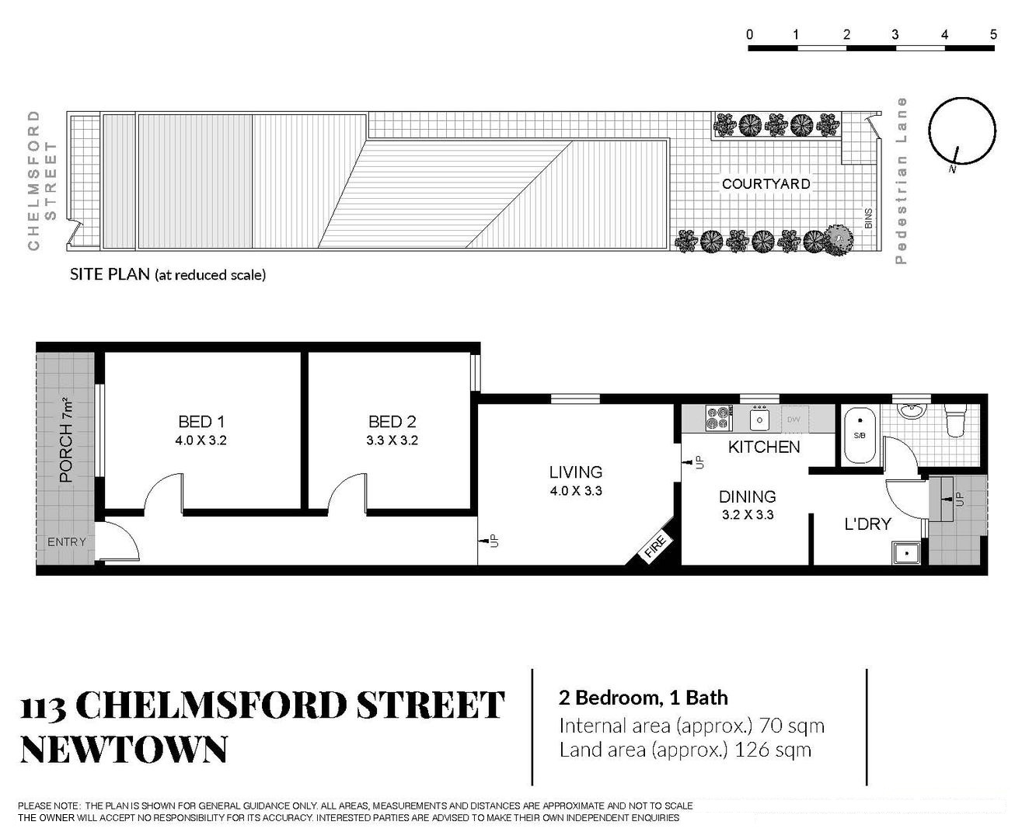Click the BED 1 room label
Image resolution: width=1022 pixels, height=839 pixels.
coord(201,422)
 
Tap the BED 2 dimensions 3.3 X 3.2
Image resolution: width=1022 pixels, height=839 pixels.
coord(392,440)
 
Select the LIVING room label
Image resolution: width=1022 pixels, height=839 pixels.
coord(576,472)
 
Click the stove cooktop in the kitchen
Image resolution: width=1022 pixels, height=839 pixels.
coord(719,418)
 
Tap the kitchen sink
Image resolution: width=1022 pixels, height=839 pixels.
coord(759,419)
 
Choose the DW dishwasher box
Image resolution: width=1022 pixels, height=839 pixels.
coord(794,419)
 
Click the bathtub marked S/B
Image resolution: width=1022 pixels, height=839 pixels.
coord(860,435)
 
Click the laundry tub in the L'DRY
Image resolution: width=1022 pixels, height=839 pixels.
coord(907,553)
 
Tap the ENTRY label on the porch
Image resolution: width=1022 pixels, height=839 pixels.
coord(66,542)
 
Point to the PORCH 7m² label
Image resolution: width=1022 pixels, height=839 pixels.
coord(66,440)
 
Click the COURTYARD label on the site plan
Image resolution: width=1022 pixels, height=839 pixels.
coord(766,184)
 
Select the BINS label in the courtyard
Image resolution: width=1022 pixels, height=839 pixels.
coord(868,218)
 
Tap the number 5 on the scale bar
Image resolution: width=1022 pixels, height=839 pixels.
coord(993,35)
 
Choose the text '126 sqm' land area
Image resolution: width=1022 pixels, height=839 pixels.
coord(773,750)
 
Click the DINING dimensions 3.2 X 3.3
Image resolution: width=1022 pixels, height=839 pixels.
coord(748,515)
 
